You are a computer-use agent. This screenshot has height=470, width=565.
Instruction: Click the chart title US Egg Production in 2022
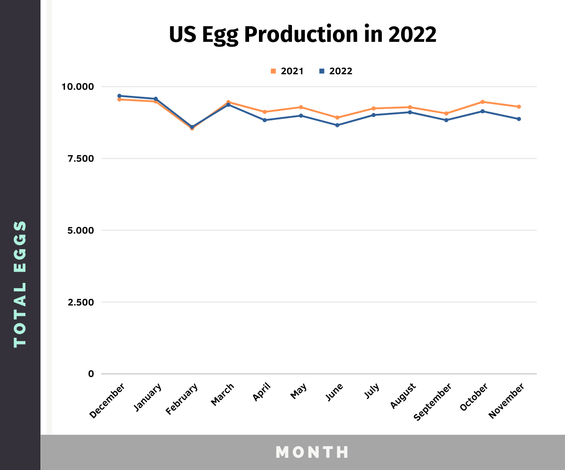tap(303, 35)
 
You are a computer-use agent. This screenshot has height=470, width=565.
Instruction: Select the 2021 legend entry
tap(287, 71)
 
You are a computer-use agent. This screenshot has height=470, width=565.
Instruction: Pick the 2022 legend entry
tap(336, 71)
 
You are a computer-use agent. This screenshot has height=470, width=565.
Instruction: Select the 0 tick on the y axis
tap(91, 374)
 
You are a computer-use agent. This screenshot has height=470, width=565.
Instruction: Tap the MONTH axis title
tap(312, 452)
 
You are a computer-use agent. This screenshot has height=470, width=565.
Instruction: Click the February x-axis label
tap(182, 399)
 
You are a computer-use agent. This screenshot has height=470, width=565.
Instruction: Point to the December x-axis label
tap(107, 401)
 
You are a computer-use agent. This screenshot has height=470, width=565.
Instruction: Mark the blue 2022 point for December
tap(120, 96)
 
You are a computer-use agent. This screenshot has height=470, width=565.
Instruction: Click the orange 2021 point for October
tap(483, 102)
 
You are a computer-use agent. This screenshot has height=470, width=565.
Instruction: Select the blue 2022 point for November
tap(519, 119)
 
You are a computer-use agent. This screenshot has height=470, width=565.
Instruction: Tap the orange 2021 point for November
tap(519, 107)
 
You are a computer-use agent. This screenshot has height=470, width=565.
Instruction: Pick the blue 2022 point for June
tap(337, 125)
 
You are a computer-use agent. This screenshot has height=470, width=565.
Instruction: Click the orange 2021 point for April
tap(265, 112)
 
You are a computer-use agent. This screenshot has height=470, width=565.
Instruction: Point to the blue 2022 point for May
tap(301, 116)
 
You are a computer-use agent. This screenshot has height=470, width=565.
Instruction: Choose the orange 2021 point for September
tap(446, 113)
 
